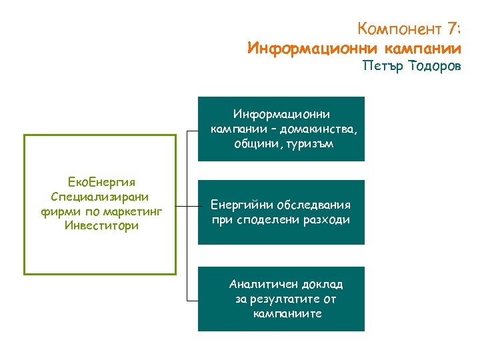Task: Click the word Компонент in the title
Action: [399, 29]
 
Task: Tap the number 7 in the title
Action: [452, 29]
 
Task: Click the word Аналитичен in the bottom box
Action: [263, 284]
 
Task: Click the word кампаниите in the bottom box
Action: [288, 313]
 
